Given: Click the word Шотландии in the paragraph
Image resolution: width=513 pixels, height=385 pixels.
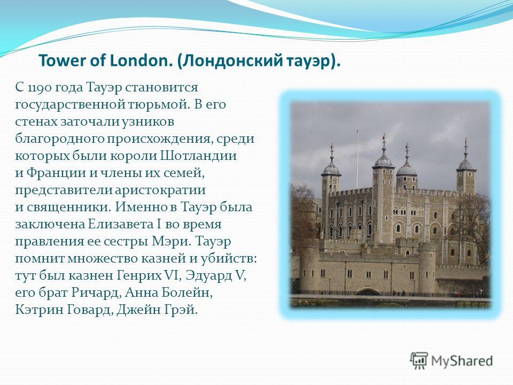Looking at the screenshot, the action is click(198, 155).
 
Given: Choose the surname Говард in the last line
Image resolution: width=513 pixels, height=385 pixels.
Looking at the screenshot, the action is click(91, 310).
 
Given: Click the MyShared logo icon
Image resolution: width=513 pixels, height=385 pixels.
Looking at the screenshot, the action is click(419, 361).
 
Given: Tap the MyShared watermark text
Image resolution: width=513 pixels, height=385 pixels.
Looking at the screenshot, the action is click(462, 361).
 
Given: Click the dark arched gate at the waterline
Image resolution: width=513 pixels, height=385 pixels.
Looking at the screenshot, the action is click(368, 291).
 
